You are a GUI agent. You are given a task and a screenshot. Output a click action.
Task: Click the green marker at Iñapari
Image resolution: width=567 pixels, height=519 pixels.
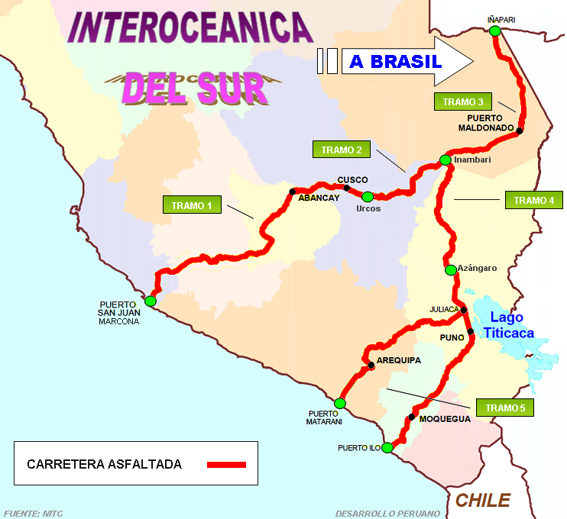[x=495, y=31]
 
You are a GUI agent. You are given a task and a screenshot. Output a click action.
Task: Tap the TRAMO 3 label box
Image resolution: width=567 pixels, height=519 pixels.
[x=464, y=102]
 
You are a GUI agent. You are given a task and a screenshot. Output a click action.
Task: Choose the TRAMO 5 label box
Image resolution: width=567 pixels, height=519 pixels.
[x=504, y=408]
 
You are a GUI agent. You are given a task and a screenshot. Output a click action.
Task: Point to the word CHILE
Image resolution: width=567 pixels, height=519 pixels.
[x=483, y=500]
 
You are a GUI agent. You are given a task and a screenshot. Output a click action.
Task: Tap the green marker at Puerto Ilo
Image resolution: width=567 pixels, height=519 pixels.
[x=387, y=447]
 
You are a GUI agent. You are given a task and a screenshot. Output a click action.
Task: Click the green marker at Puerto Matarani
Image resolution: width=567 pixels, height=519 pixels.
[x=340, y=403]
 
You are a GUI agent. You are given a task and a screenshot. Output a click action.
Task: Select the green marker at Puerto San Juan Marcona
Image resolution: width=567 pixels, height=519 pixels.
[x=151, y=301]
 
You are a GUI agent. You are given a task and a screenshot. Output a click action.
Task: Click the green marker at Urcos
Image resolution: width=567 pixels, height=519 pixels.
[x=368, y=196]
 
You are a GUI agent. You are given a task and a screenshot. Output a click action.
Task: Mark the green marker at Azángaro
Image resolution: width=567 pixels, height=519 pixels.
[x=449, y=269]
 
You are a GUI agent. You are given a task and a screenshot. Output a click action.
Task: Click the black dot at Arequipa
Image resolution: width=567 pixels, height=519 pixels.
[x=371, y=366]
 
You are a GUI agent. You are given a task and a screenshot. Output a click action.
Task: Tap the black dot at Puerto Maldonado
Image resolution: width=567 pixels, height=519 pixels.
[x=520, y=131]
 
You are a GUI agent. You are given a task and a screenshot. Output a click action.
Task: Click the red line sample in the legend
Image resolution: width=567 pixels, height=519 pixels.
[x=225, y=464]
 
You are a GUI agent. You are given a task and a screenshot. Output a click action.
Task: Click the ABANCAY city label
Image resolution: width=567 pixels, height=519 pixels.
[x=319, y=198]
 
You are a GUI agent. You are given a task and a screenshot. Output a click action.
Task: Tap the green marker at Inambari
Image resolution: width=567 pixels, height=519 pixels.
[x=445, y=160]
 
